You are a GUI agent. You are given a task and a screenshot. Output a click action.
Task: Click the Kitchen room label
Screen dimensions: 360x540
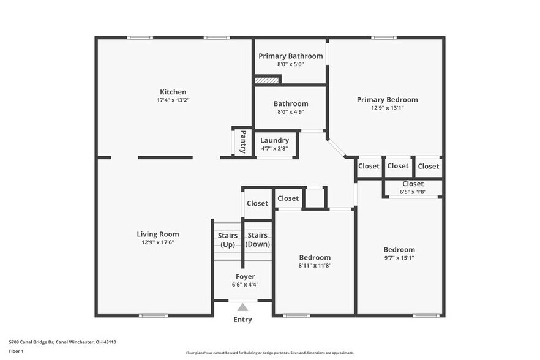pyautogui.click(x=173, y=92)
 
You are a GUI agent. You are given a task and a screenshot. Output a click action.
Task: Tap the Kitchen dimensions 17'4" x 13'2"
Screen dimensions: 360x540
pyautogui.click(x=173, y=100)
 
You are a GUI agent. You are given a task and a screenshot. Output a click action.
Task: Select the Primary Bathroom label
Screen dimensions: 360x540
pyautogui.click(x=290, y=56)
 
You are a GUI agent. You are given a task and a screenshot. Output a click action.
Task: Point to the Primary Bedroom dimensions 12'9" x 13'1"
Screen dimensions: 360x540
pyautogui.click(x=388, y=108)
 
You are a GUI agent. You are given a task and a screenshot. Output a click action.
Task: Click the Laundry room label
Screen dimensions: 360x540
pyautogui.click(x=274, y=140)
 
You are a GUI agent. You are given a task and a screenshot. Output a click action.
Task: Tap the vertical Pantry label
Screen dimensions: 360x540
pyautogui.click(x=243, y=141)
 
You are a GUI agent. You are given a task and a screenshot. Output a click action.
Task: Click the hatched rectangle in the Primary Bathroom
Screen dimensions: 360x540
pyautogui.click(x=267, y=79)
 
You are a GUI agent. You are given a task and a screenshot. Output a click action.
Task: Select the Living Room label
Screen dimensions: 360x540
pyautogui.click(x=157, y=234)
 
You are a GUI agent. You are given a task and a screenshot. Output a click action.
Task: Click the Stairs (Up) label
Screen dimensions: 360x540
pyautogui.click(x=227, y=239)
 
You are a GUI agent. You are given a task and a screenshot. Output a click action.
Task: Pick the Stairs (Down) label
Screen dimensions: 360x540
pyautogui.click(x=258, y=239)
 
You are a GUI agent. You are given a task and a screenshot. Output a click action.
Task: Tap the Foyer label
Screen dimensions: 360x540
pyautogui.click(x=245, y=276)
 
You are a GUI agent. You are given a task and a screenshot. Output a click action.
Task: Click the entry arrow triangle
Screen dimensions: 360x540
pyautogui.click(x=243, y=307)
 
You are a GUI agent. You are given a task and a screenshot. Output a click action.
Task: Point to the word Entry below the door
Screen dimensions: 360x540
pyautogui.click(x=242, y=320)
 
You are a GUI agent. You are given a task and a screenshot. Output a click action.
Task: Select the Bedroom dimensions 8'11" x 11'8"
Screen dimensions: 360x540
pyautogui.click(x=315, y=266)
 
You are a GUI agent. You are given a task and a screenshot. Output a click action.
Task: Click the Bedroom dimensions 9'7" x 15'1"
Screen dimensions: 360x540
pyautogui.click(x=399, y=258)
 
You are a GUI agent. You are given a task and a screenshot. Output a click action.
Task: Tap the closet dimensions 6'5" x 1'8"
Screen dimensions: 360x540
pyautogui.click(x=413, y=192)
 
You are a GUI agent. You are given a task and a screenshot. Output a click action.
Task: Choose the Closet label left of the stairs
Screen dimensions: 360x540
pyautogui.click(x=257, y=203)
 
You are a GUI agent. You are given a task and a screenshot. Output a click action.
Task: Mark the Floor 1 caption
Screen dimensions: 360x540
pyautogui.click(x=16, y=351)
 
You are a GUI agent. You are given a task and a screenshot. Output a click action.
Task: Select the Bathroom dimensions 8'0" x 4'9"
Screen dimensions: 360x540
pyautogui.click(x=290, y=112)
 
